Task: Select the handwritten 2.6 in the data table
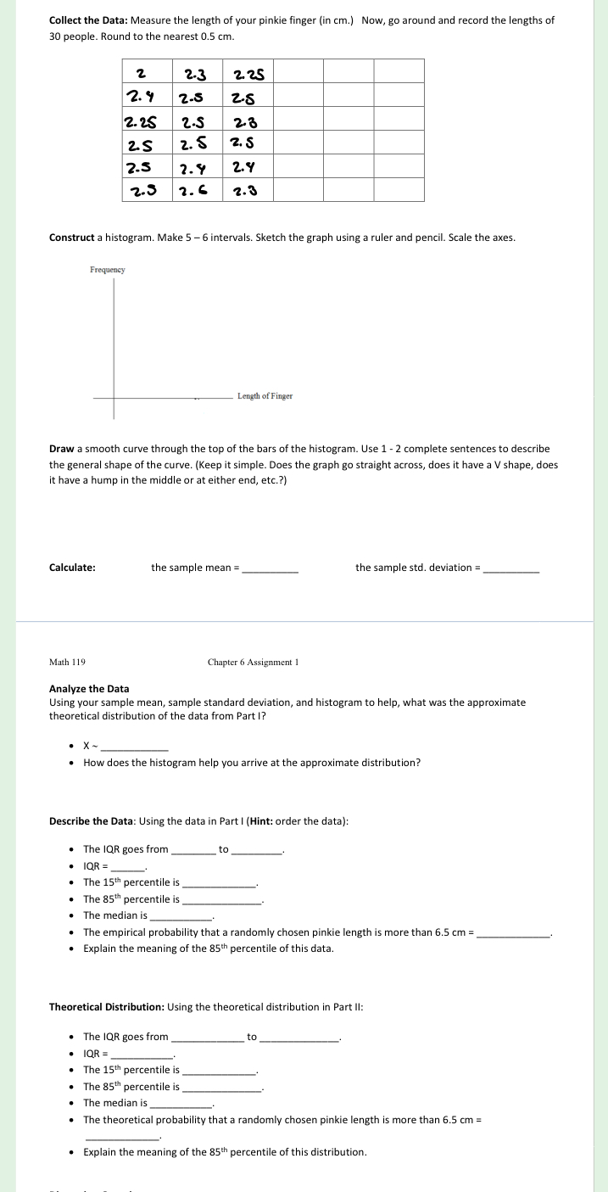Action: point(197,190)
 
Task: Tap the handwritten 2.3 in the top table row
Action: point(197,72)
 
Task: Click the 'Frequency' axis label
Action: point(107,270)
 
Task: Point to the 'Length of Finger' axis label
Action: point(265,396)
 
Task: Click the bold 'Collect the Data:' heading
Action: point(88,20)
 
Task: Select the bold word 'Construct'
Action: point(71,238)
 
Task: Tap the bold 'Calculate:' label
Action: point(72,568)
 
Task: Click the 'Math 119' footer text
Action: point(67,662)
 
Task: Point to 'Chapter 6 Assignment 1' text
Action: point(253,662)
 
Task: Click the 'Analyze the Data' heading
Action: point(89,689)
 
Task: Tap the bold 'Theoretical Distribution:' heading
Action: point(107,1007)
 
